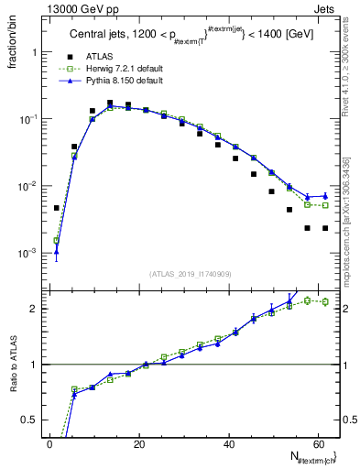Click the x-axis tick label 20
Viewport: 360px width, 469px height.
(139, 443)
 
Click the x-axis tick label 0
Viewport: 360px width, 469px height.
(49, 443)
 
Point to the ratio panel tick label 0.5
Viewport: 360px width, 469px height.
(32, 420)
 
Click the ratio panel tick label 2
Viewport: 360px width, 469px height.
(36, 309)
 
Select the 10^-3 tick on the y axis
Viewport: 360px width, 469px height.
(27, 253)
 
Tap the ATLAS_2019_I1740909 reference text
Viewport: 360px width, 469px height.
(191, 273)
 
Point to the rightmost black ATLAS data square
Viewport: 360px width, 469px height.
(325, 228)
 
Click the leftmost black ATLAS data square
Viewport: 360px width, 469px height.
(57, 208)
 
